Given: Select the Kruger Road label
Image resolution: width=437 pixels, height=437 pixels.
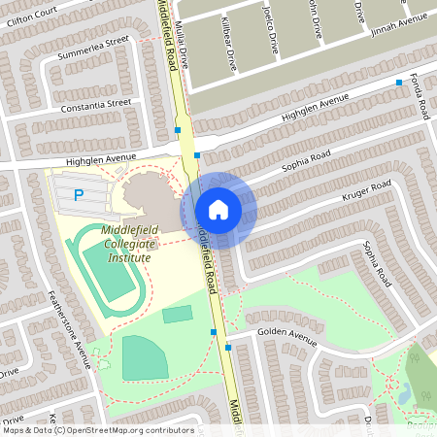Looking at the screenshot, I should (x=367, y=192).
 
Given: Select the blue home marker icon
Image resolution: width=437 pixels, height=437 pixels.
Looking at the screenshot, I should (x=218, y=210).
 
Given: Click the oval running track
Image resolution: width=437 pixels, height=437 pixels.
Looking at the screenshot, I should (x=114, y=273).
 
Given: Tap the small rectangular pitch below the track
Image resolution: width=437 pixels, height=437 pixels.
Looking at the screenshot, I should (x=177, y=314).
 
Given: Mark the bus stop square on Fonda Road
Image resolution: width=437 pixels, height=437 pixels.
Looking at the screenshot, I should (x=398, y=84).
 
